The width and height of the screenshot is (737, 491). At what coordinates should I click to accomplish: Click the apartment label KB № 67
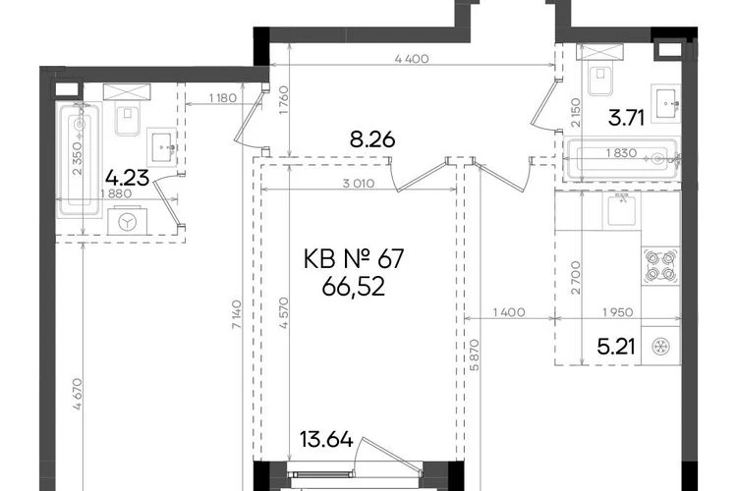pos(354,259)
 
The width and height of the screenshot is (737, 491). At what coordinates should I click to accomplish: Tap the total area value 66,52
pos(354,286)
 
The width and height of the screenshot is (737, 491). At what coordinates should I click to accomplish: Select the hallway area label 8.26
pos(372,139)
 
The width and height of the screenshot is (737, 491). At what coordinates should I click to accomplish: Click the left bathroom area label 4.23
pos(128,178)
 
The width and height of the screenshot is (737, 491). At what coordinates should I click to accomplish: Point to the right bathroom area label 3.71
pos(626,118)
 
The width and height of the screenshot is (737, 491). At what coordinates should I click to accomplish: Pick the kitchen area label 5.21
pos(616,348)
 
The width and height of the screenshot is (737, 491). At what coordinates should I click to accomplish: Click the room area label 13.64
pos(326,440)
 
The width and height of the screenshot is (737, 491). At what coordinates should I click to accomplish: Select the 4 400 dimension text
pos(412,59)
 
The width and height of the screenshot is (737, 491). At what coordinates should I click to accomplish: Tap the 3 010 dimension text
pos(358,184)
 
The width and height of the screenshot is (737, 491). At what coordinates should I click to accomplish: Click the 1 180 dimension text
pos(223,98)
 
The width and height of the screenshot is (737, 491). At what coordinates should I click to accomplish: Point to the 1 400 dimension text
pos(509,312)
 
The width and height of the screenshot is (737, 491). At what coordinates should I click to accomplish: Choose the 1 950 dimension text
pos(618,312)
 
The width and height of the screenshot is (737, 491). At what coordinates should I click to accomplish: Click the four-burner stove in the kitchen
pos(660,265)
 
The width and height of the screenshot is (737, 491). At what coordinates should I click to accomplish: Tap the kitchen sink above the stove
pos(621,210)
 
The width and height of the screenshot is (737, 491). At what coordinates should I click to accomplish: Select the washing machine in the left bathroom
pos(127,221)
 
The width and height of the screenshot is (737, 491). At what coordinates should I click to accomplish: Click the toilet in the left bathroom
pos(127,113)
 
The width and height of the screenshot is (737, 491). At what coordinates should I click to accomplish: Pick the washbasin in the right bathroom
pos(665,103)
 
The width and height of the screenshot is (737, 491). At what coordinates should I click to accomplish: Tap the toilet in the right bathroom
pos(599,73)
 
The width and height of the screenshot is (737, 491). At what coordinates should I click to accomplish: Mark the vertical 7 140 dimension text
pos(237,314)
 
